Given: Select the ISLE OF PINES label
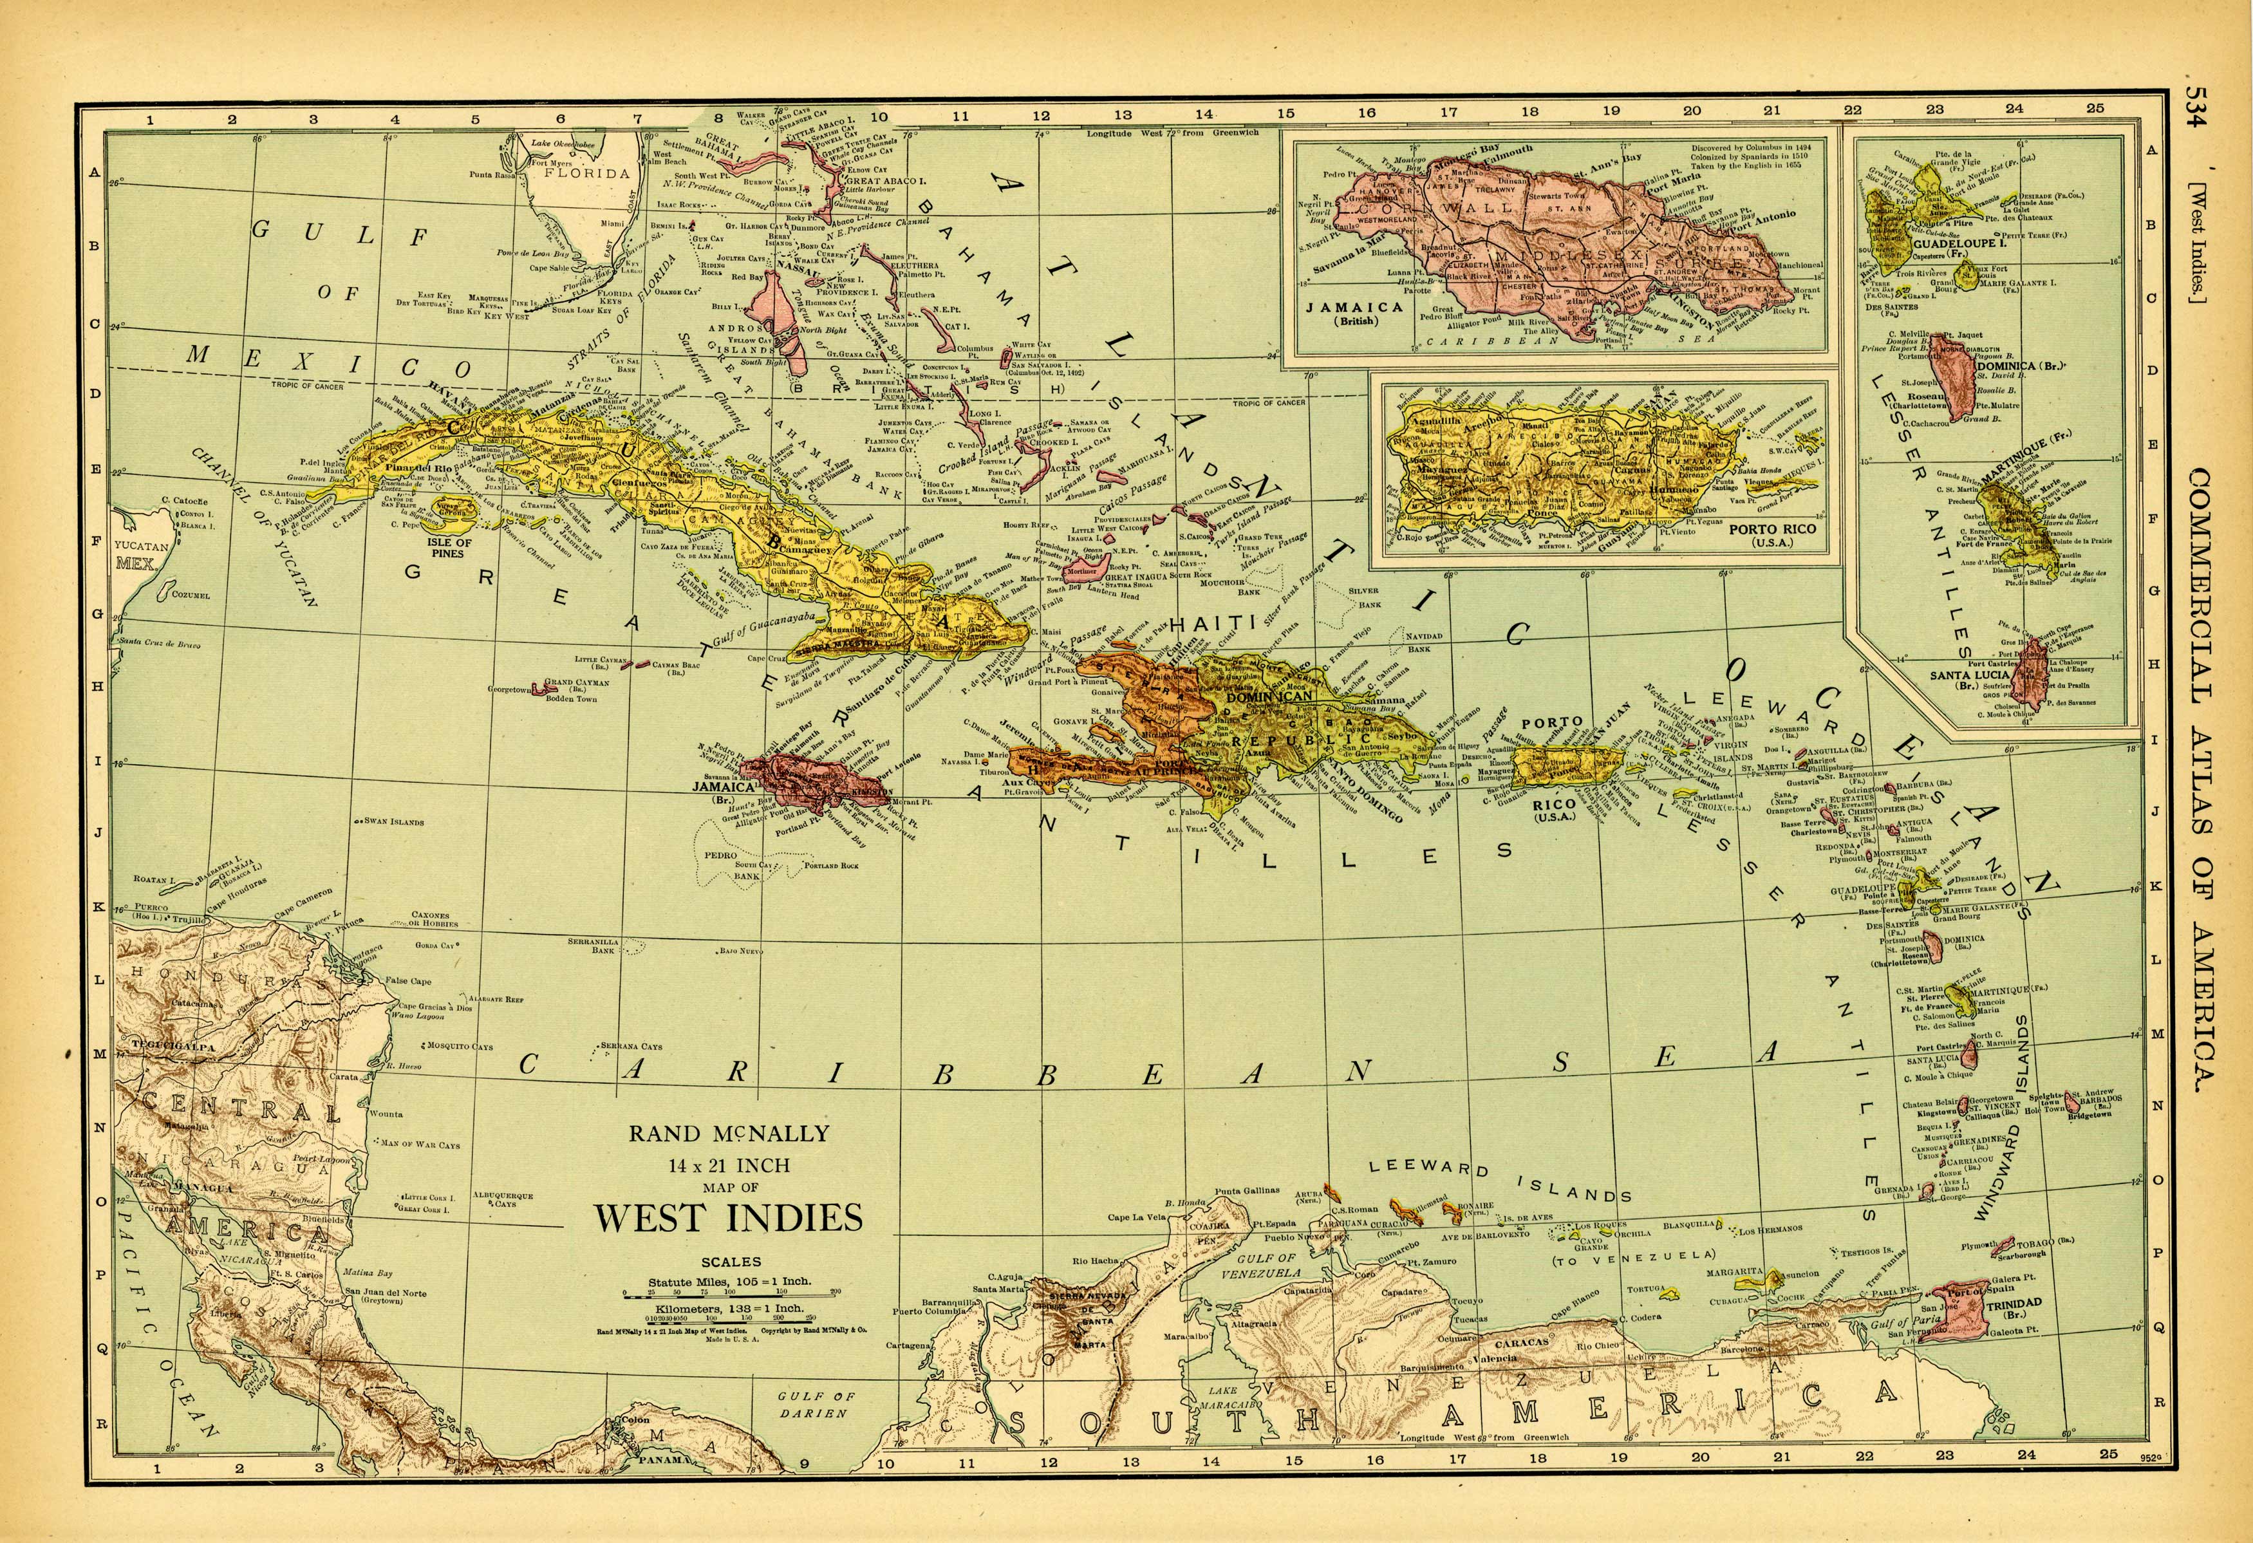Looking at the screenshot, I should point(449,548).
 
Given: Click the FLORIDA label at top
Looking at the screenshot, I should point(586,174).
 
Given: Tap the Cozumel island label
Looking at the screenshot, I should point(190,595).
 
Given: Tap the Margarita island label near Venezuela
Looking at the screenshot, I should point(1735,1271).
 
